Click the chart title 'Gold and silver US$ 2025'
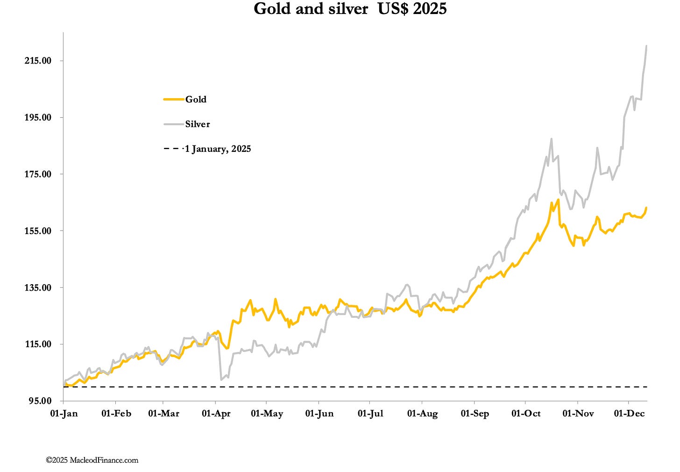[x=350, y=9]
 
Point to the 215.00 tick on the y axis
[x=38, y=61]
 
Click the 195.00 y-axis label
[x=38, y=117]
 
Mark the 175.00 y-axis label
[x=38, y=174]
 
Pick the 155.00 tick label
[x=38, y=231]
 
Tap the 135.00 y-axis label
[x=38, y=287]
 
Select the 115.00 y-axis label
[x=38, y=344]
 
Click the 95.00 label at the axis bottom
[x=40, y=401]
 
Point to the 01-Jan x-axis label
[x=64, y=414]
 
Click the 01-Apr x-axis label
[x=216, y=414]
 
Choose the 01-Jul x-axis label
[x=370, y=414]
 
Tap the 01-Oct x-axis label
[x=526, y=414]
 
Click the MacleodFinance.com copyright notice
[x=92, y=460]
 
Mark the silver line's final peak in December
[x=646, y=46]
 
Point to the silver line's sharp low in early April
[x=221, y=379]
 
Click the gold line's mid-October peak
[x=558, y=200]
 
